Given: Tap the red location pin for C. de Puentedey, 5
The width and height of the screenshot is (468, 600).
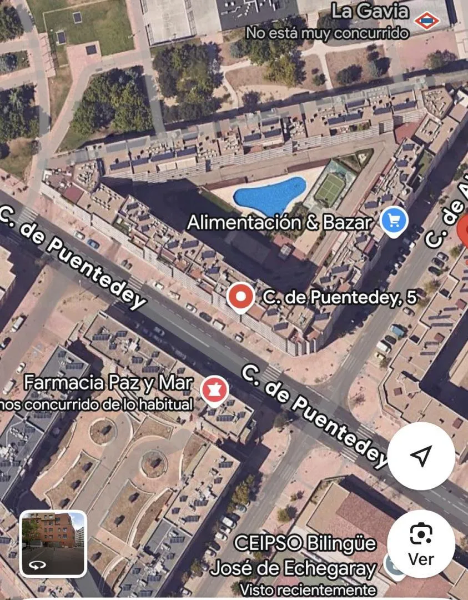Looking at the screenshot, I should pos(241,297).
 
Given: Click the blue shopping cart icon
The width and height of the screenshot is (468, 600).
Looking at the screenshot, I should pos(394,221).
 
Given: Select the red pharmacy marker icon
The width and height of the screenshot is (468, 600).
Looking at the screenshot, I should pos(214,389).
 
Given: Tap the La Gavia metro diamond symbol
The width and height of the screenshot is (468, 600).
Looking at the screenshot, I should pos(426,21).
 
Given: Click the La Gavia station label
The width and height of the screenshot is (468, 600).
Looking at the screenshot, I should pos(370,11).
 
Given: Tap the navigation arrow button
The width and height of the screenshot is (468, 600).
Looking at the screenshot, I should pos(421,456).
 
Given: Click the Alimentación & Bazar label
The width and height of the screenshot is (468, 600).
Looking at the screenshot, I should pos(279,223).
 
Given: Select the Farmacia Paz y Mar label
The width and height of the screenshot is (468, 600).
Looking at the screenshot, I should pos(108,383).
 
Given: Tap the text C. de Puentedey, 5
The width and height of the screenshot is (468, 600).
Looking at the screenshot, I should pos(339,298).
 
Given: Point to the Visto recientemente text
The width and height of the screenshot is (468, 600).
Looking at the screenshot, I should pos(307,589).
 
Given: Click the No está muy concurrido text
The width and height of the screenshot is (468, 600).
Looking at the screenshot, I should pos(327,33).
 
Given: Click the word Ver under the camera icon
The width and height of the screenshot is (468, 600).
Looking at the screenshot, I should pos(421,559).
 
